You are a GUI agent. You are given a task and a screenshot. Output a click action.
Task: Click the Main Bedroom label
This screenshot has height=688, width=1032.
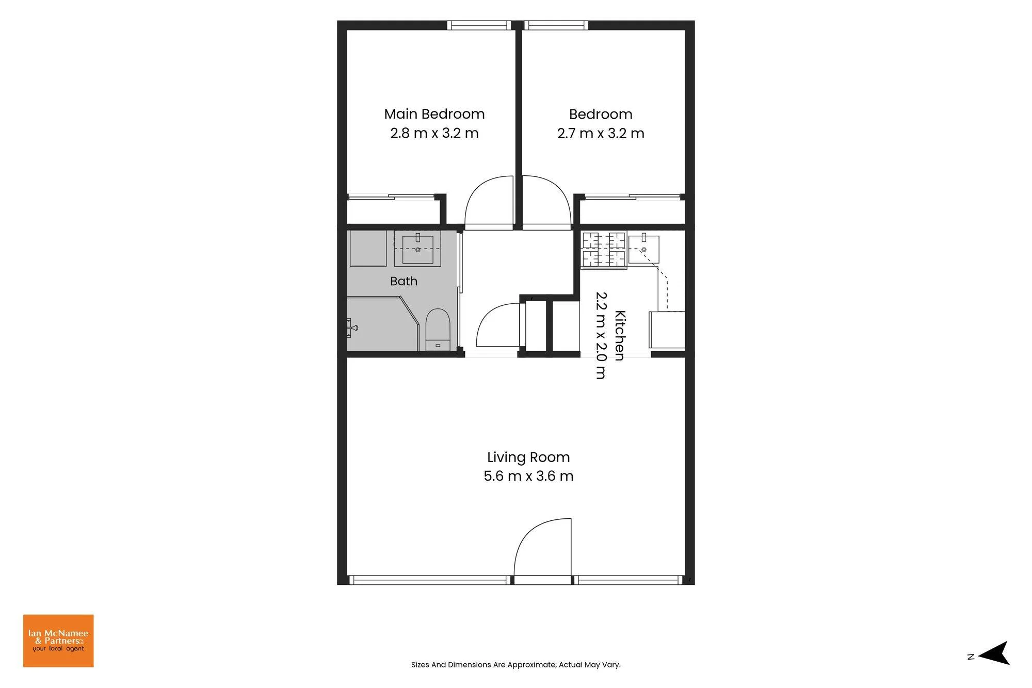tap(434, 114)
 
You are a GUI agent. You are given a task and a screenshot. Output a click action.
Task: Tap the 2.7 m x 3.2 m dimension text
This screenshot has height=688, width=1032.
tap(601, 134)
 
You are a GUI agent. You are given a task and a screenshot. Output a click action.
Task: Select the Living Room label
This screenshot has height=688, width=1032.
tap(528, 457)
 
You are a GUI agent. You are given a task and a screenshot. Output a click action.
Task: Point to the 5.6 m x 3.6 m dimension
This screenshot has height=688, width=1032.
tap(528, 476)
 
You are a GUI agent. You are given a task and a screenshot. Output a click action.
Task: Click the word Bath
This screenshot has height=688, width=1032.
tap(404, 281)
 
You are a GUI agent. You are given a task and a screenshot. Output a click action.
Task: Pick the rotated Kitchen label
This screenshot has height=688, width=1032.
tap(620, 336)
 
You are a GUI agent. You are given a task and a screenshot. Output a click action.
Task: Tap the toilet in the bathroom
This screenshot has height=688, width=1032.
tap(438, 330)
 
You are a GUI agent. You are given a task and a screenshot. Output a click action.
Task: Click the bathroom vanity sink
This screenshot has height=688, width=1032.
tap(418, 249)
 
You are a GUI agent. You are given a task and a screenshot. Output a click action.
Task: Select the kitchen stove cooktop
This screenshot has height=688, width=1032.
tap(604, 250)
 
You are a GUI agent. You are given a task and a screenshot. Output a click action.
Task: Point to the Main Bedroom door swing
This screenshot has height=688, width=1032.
tap(489, 202)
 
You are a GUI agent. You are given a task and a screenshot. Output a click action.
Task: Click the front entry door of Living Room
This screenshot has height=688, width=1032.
tap(543, 551)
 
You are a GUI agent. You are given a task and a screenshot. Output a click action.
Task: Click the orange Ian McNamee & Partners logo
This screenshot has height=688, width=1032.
tap(58, 641)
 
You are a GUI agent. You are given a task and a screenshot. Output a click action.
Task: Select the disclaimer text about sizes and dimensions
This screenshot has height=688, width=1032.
tap(516, 665)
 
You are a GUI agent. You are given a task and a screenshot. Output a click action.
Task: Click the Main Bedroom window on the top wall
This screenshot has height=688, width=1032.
tap(479, 25)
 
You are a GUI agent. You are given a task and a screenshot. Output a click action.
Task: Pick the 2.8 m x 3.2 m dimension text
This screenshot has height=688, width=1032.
tap(434, 133)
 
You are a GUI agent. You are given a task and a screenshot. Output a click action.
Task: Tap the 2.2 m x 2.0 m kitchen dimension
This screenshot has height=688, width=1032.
tap(601, 336)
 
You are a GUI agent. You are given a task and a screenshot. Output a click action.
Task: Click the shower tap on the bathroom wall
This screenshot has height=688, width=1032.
tap(352, 327)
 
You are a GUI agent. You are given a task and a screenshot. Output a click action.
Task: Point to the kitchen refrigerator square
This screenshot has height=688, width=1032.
tap(667, 330)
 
